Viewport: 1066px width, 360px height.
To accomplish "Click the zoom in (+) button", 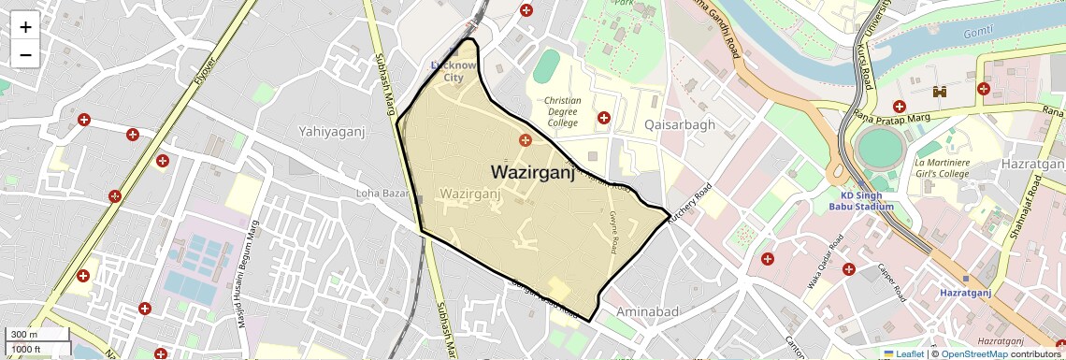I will (x=25, y=27).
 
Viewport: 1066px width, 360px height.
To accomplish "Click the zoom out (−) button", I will (x=25, y=54).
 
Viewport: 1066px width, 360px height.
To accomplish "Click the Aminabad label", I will (x=647, y=310).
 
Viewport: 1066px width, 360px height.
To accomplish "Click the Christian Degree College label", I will (x=562, y=111).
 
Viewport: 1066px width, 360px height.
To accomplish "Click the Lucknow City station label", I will (x=454, y=71).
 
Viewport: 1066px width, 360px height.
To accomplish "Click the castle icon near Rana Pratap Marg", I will (x=940, y=92).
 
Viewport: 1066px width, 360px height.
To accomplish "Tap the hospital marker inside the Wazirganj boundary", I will (x=526, y=140).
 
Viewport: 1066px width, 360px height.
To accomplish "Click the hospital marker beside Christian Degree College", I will (x=604, y=118).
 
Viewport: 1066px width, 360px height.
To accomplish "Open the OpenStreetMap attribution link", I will (x=973, y=353).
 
